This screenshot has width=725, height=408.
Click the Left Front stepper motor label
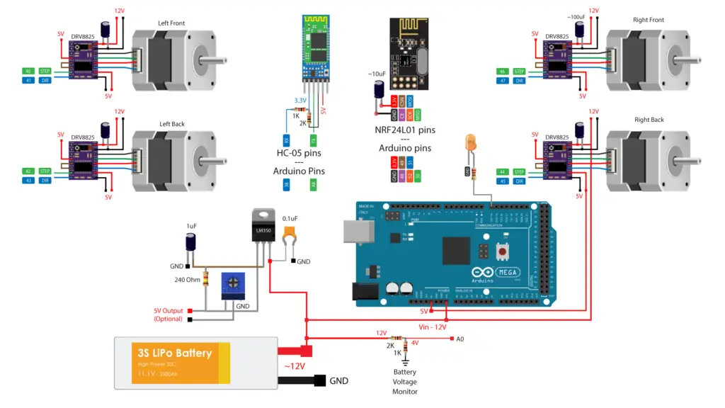[x=172, y=23]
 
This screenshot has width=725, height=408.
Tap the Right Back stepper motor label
[x=649, y=120]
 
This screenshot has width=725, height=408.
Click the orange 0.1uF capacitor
[x=289, y=234]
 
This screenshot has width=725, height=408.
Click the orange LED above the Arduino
[x=469, y=143]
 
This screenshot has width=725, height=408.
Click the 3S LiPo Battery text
[x=173, y=353]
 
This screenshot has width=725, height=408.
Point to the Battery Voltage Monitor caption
[x=404, y=381]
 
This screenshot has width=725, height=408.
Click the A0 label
[x=459, y=339]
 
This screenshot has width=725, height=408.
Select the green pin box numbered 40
[x=28, y=72]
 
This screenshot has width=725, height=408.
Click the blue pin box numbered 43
[x=28, y=181]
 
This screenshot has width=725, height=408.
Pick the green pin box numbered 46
[x=502, y=72]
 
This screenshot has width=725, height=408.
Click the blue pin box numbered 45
[x=502, y=181]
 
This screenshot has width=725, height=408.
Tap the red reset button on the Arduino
[x=503, y=251]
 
